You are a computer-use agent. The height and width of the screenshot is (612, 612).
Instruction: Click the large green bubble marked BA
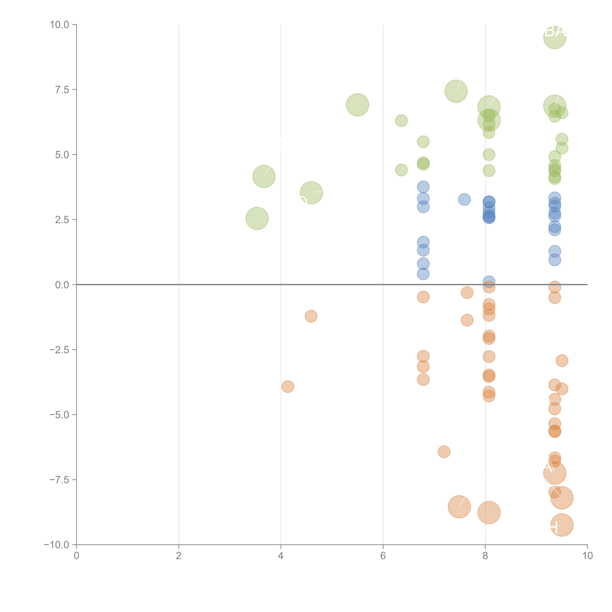(x=555, y=37)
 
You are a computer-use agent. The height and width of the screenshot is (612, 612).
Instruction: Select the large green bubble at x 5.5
(x=357, y=105)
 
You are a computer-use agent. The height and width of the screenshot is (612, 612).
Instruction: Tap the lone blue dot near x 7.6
(x=464, y=199)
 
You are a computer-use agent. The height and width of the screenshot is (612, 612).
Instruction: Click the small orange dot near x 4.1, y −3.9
(x=288, y=386)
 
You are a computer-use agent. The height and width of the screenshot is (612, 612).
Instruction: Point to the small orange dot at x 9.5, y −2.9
(x=562, y=360)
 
